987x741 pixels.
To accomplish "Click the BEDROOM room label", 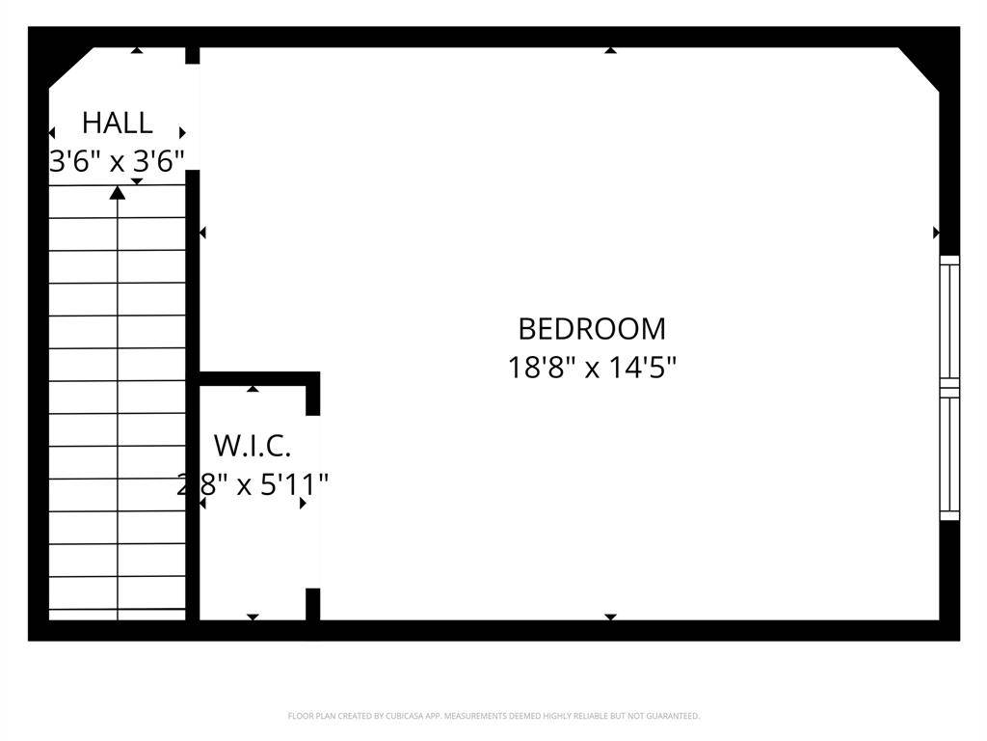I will (592, 329).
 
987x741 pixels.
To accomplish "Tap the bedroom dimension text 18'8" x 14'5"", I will (592, 368).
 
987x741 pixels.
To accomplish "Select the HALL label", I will (117, 123).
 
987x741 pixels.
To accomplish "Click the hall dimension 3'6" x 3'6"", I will (117, 161).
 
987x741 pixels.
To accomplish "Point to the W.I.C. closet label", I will (252, 446).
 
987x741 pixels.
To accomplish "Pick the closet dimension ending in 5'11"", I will (253, 483).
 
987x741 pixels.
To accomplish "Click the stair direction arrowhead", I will (118, 193).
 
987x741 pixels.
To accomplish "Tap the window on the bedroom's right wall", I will (949, 387).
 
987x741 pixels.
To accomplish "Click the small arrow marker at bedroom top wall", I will (610, 50).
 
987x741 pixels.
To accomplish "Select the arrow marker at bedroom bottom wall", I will (610, 617).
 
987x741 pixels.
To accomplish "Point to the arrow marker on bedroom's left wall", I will (202, 233).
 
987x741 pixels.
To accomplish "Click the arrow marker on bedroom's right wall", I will (936, 233).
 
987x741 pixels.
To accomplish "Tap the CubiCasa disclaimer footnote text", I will (493, 716).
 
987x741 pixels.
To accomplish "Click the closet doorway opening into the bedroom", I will (313, 502).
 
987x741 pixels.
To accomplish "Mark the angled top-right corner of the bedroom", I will (920, 68).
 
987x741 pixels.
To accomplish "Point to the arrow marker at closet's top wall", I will (253, 388).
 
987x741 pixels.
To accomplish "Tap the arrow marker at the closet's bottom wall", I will (253, 617).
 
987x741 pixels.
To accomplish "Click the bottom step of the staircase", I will (118, 615).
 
